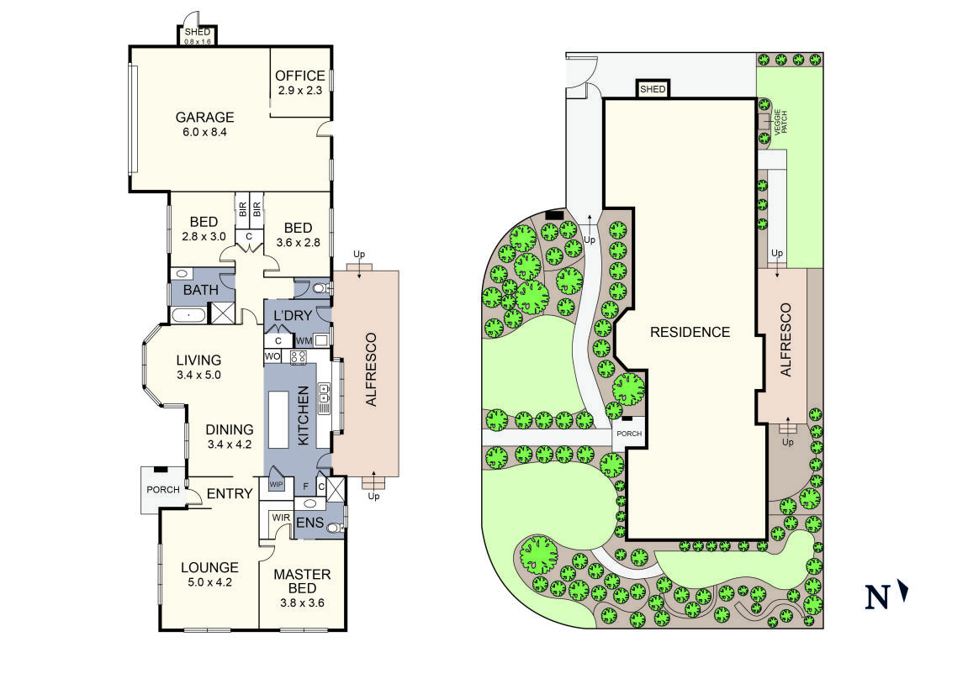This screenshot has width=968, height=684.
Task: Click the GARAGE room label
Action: (204, 118)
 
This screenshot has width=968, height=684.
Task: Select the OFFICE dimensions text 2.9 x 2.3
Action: (300, 90)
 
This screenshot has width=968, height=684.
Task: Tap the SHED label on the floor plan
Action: (197, 32)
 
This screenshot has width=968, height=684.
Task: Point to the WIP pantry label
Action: (276, 485)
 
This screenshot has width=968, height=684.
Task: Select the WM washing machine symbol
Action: (304, 340)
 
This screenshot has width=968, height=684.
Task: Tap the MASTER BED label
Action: (302, 581)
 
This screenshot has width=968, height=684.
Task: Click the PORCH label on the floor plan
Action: (163, 490)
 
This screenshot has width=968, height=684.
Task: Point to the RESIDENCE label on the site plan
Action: (690, 332)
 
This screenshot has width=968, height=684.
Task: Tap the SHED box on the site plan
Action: (653, 89)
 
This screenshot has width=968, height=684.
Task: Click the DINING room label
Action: (230, 429)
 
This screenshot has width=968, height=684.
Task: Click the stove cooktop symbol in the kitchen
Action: (299, 357)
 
